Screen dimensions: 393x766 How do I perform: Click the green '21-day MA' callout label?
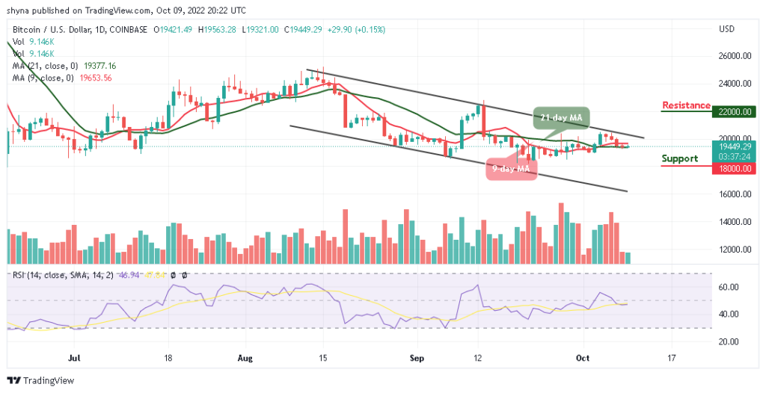pyautogui.click(x=562, y=117)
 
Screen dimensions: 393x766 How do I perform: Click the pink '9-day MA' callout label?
pyautogui.click(x=512, y=169)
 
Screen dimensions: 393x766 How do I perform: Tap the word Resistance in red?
pyautogui.click(x=685, y=105)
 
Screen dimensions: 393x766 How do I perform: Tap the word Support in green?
pyautogui.click(x=680, y=158)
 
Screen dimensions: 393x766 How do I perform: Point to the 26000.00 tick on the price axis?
pyautogui.click(x=735, y=56)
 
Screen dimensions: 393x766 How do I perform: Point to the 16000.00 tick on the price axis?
pyautogui.click(x=735, y=194)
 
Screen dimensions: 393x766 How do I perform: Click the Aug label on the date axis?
pyautogui.click(x=245, y=359)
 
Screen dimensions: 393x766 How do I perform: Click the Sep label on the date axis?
pyautogui.click(x=417, y=359)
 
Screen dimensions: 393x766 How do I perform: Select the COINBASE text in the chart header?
pyautogui.click(x=127, y=29)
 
